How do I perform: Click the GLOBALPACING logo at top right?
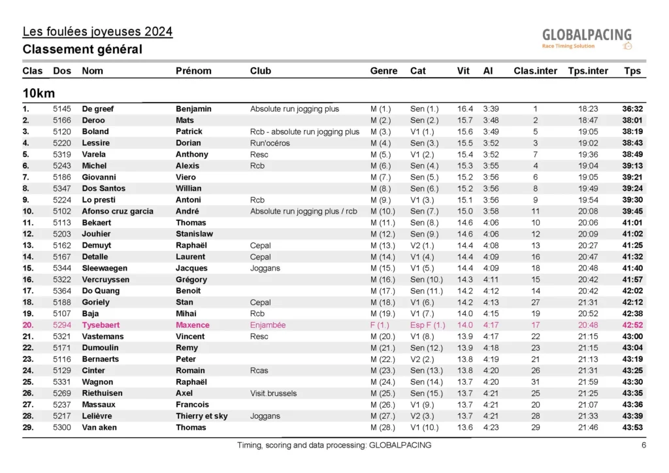click(x=587, y=38)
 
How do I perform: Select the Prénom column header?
click(x=193, y=71)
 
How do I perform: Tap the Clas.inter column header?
click(x=535, y=71)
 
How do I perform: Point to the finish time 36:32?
click(x=632, y=108)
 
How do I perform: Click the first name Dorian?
click(x=188, y=143)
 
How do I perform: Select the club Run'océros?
click(x=270, y=143)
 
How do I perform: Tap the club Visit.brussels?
click(x=273, y=393)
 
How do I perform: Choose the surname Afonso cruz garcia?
click(x=118, y=211)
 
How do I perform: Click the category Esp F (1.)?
click(x=428, y=325)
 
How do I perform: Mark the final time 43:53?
click(x=632, y=427)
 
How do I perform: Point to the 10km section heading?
click(x=38, y=93)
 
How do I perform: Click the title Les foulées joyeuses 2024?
click(x=97, y=31)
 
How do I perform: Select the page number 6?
click(x=644, y=446)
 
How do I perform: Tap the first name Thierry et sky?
click(x=202, y=416)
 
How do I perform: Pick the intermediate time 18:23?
click(x=588, y=108)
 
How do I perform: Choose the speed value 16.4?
click(x=465, y=108)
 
